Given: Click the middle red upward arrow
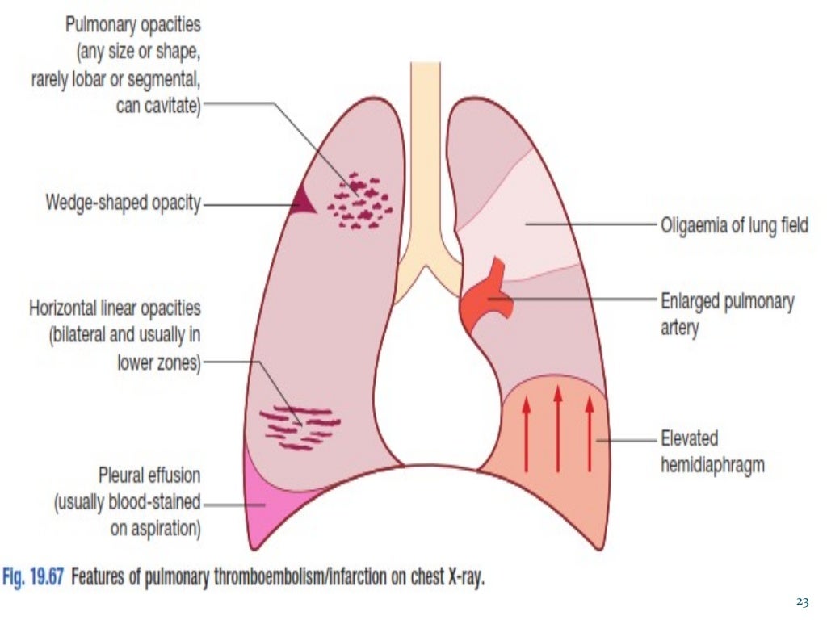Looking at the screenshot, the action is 557,428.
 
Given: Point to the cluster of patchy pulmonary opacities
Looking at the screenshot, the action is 360,203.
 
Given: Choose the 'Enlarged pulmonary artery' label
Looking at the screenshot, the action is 728,314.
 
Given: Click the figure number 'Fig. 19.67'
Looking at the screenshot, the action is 36,580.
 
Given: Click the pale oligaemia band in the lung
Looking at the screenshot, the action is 533,226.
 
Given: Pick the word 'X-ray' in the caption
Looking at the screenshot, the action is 463,580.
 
